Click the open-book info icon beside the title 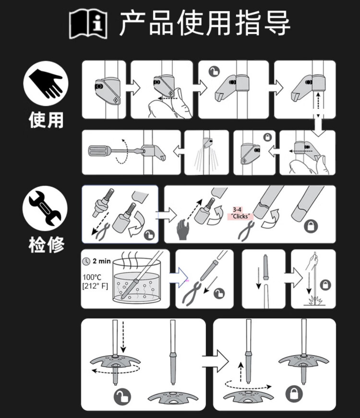[88, 24]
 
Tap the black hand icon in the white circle [46, 83]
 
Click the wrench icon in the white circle [45, 208]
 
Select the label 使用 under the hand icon [46, 120]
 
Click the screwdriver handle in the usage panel [99, 150]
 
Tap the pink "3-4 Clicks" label [240, 213]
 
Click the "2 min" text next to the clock [101, 261]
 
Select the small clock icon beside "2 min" [86, 261]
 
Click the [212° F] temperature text [95, 286]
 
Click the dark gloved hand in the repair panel [183, 229]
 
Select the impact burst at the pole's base [315, 300]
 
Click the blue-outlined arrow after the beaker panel [180, 278]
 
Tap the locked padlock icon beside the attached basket [294, 393]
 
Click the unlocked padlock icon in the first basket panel [122, 397]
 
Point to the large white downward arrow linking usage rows [318, 125]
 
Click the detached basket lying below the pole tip [173, 397]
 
